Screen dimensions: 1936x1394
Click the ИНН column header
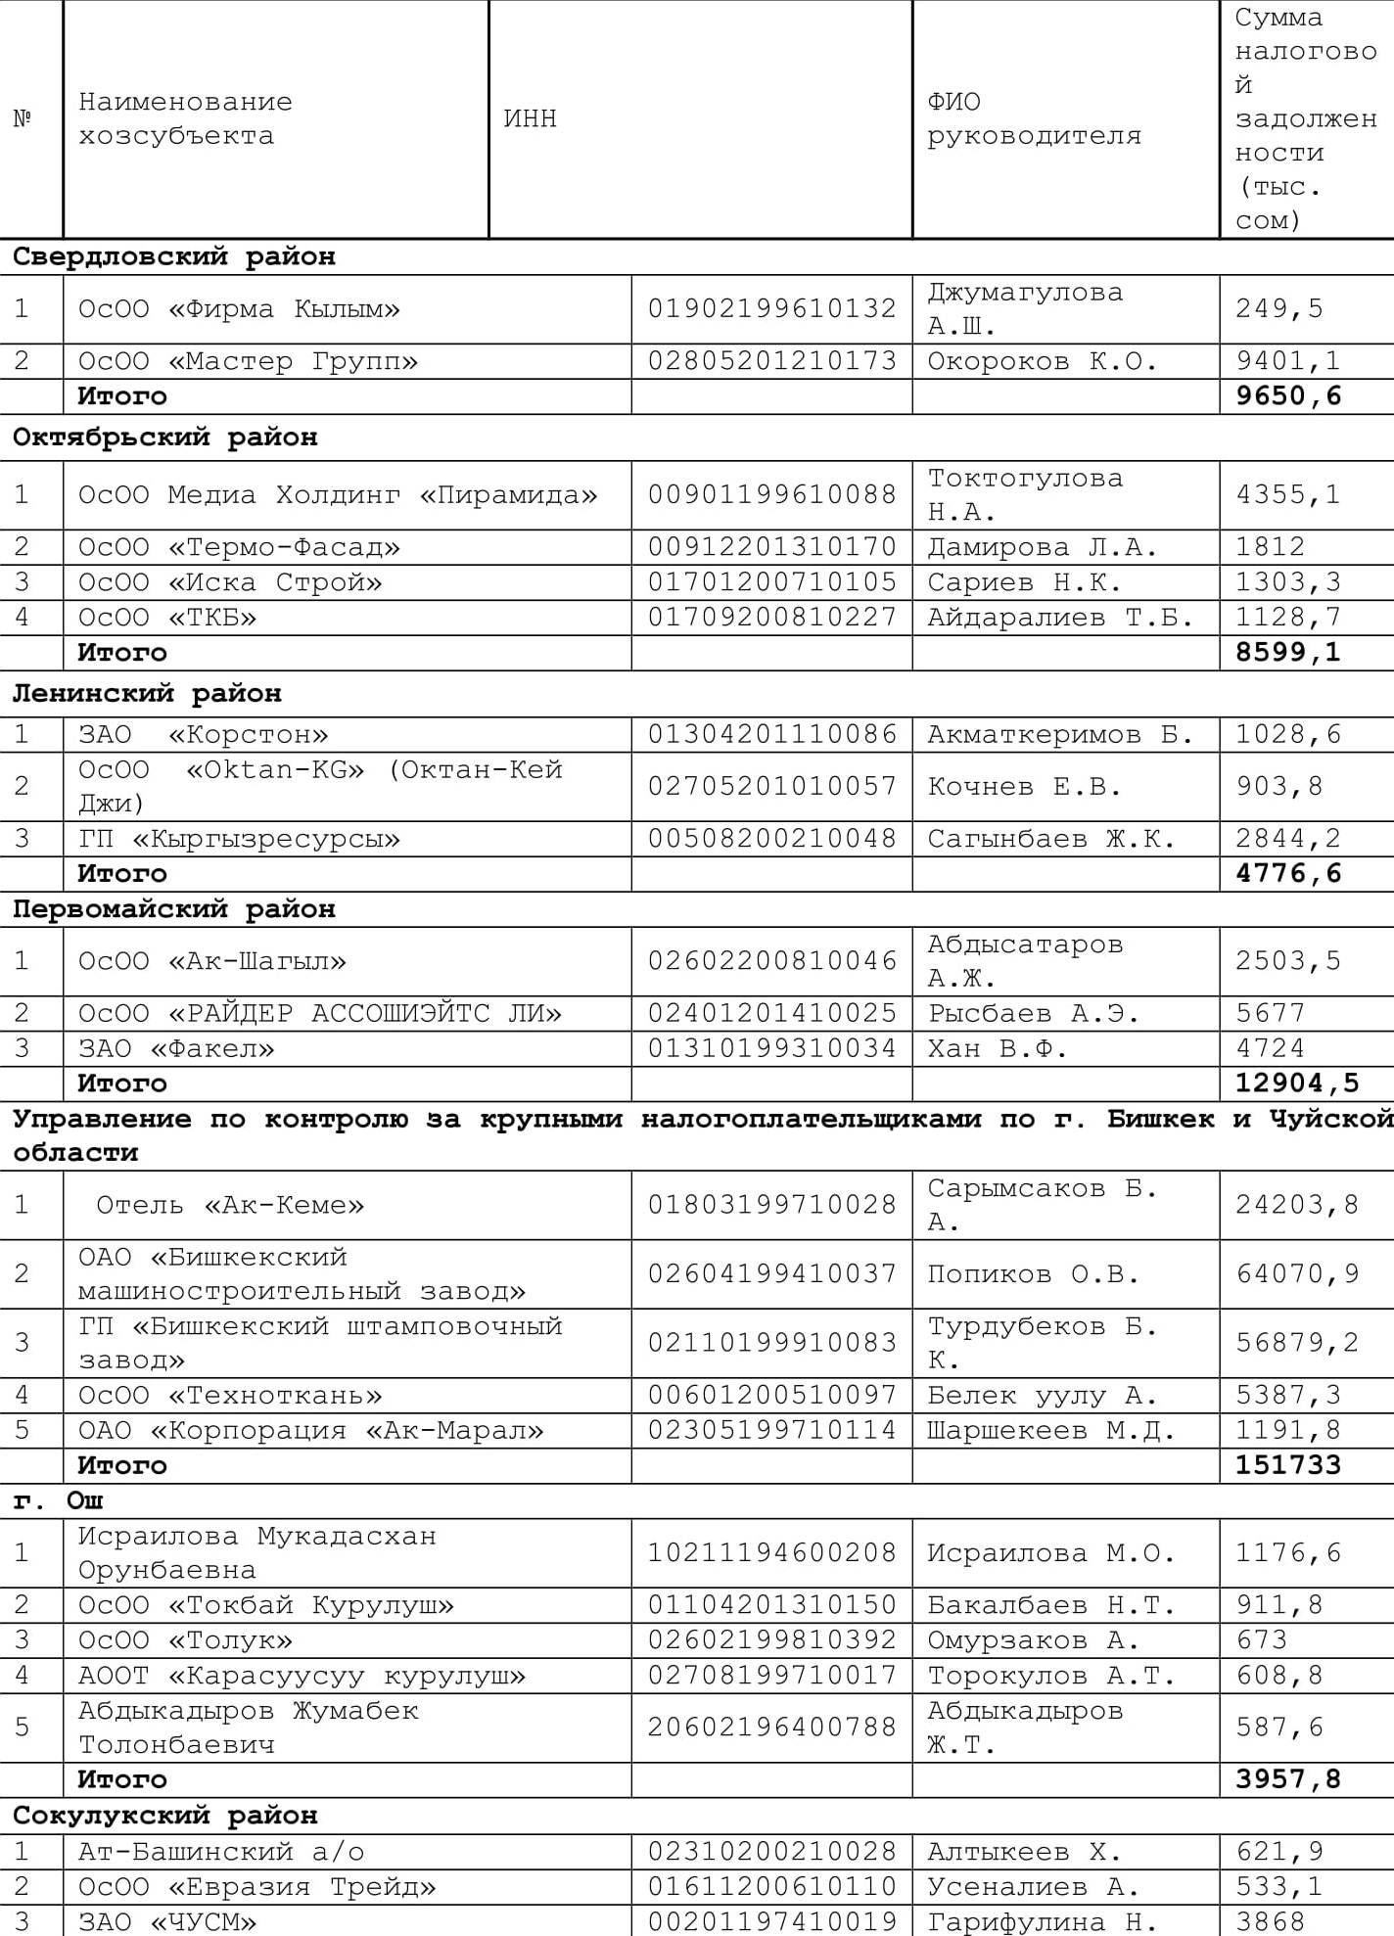[x=530, y=118]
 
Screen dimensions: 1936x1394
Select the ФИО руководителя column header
[x=1034, y=118]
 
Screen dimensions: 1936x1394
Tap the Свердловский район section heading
[x=174, y=256]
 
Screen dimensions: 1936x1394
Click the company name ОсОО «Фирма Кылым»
[x=239, y=309]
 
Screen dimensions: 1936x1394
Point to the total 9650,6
[x=1287, y=396]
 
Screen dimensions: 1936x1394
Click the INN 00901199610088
[x=771, y=494]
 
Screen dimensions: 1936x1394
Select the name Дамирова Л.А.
[x=1042, y=547]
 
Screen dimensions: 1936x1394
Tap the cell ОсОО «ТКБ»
[x=167, y=618]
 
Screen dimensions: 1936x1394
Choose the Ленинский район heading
[x=147, y=694]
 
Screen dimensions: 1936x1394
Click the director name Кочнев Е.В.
[x=1024, y=786]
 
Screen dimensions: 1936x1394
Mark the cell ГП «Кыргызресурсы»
[x=239, y=839]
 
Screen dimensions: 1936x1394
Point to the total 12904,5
[x=1297, y=1083]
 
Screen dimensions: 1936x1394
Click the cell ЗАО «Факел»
[x=176, y=1048]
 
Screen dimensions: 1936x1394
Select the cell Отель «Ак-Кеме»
[x=230, y=1205]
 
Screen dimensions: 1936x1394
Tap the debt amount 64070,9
[x=1297, y=1273]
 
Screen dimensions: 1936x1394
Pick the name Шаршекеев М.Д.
[x=1050, y=1430]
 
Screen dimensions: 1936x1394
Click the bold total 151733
[x=1287, y=1465]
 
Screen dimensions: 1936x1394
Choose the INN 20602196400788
[x=771, y=1727]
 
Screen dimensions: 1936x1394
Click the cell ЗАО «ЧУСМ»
[x=167, y=1921]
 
